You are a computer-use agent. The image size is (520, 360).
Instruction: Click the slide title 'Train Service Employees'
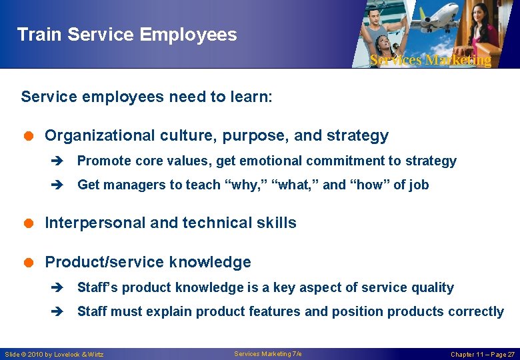tap(127, 35)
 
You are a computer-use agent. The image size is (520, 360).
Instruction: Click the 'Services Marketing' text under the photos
tap(430, 60)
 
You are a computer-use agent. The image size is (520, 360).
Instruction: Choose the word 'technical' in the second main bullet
tap(215, 223)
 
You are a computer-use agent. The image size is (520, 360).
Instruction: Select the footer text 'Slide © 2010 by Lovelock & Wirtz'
tap(54, 354)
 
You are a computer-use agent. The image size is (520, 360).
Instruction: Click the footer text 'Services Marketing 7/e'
tap(268, 353)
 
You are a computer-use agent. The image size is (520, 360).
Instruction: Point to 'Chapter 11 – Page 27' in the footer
tap(483, 354)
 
